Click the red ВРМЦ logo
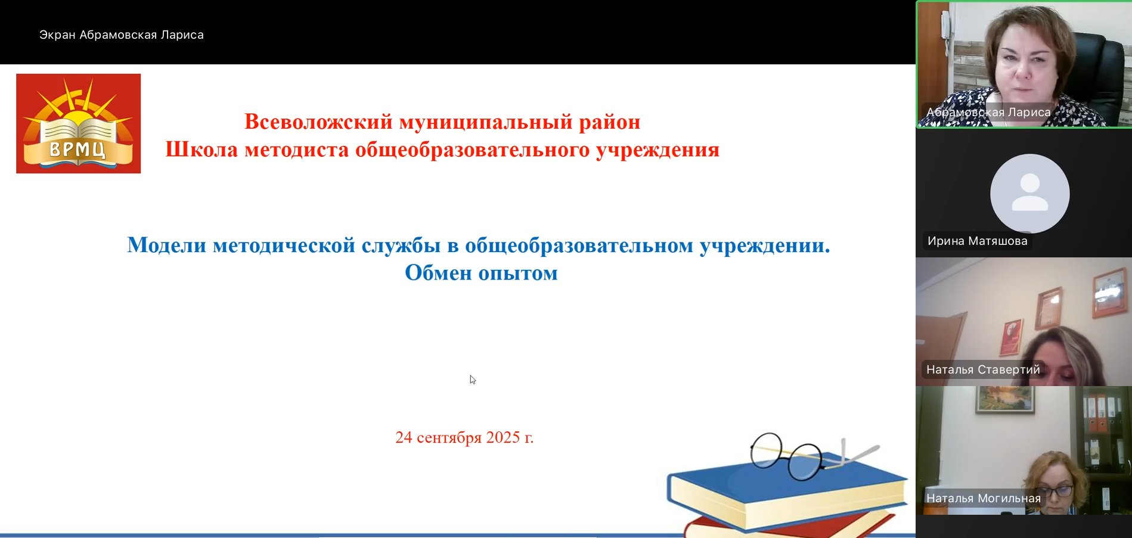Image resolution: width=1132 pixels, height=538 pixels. (78, 123)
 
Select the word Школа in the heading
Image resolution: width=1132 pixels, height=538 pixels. (201, 149)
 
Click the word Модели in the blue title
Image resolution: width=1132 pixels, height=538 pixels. (167, 245)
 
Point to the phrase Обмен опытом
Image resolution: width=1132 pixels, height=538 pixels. (481, 273)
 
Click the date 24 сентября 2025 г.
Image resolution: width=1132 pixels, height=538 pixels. (464, 437)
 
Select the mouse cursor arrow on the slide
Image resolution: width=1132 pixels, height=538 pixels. (473, 380)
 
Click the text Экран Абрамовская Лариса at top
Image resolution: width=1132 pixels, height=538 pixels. (122, 35)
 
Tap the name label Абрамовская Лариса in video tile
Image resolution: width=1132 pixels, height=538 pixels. (988, 112)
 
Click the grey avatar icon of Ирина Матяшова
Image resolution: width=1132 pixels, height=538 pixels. (1029, 193)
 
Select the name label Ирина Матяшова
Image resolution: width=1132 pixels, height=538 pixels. (978, 241)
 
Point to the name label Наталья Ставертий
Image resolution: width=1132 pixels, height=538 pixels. (983, 369)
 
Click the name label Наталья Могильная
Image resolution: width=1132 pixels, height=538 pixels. (984, 498)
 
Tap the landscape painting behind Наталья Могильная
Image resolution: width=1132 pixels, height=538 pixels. (1006, 399)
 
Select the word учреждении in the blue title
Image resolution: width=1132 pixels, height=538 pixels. (765, 245)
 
